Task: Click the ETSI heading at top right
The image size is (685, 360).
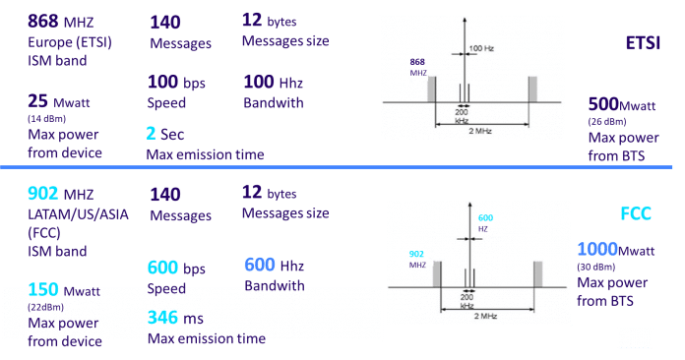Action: (642, 43)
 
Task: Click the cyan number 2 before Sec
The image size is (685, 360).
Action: (152, 133)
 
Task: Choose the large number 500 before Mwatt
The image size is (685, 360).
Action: (604, 104)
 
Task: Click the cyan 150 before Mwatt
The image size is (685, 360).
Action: (45, 291)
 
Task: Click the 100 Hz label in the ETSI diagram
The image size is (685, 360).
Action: (482, 47)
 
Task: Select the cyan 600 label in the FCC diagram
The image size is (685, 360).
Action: (485, 217)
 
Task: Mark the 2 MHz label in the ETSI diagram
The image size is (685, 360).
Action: (480, 130)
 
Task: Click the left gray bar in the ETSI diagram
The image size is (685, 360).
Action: (430, 90)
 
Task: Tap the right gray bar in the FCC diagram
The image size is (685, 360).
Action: (538, 271)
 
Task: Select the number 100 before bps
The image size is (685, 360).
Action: (164, 82)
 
